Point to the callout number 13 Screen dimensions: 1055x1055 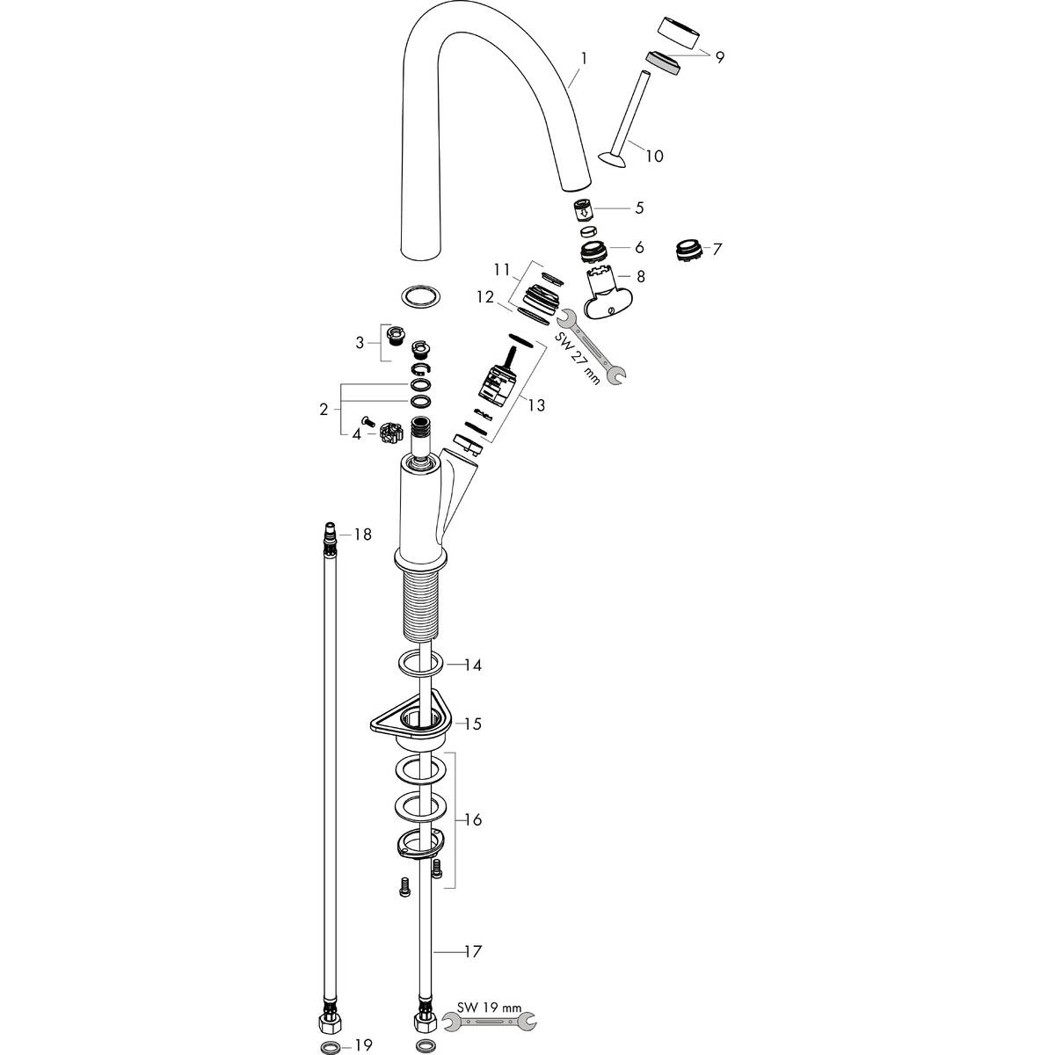pyautogui.click(x=536, y=405)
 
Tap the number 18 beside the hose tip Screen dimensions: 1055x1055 pyautogui.click(x=363, y=534)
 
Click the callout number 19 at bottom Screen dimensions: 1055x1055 pyautogui.click(x=363, y=1045)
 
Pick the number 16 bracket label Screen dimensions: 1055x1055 pyautogui.click(x=472, y=819)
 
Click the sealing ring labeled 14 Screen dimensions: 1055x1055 pyautogui.click(x=418, y=664)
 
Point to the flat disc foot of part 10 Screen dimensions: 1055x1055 pyautogui.click(x=609, y=159)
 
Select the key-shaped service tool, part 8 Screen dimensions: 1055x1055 pyautogui.click(x=608, y=295)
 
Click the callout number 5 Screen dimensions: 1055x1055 pyautogui.click(x=639, y=208)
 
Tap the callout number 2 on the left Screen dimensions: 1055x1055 pyautogui.click(x=324, y=409)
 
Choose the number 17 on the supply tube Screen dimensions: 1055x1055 pyautogui.click(x=472, y=951)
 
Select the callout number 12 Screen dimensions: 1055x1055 pyautogui.click(x=484, y=297)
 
